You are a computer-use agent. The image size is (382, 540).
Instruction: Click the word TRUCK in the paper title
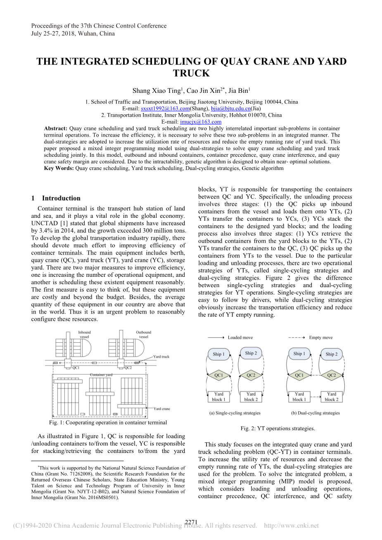pyautogui.click(x=191, y=73)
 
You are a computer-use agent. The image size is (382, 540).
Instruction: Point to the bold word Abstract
pyautogui.click(x=56, y=128)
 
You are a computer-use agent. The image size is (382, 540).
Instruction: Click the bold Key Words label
pyautogui.click(x=59, y=168)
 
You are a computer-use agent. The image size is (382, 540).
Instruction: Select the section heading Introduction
pyautogui.click(x=61, y=198)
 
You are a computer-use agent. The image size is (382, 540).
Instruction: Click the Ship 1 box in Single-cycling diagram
pyautogui.click(x=218, y=354)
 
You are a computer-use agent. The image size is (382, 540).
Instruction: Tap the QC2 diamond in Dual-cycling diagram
pyautogui.click(x=331, y=375)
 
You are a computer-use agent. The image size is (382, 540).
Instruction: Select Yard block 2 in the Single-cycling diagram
pyautogui.click(x=251, y=396)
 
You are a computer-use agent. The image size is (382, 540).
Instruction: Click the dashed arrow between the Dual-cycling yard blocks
pyautogui.click(x=315, y=397)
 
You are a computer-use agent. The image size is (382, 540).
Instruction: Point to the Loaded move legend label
pyautogui.click(x=240, y=337)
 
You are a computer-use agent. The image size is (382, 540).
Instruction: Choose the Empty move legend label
pyautogui.click(x=320, y=337)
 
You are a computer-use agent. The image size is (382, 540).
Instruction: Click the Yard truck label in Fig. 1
pyautogui.click(x=161, y=356)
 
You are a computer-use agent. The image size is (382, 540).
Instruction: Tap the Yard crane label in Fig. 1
pyautogui.click(x=161, y=409)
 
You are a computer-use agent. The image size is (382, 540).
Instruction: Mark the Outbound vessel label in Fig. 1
pyautogui.click(x=143, y=334)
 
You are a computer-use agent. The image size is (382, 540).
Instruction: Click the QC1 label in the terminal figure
pyautogui.click(x=76, y=368)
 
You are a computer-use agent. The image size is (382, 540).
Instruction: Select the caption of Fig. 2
pyautogui.click(x=278, y=428)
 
